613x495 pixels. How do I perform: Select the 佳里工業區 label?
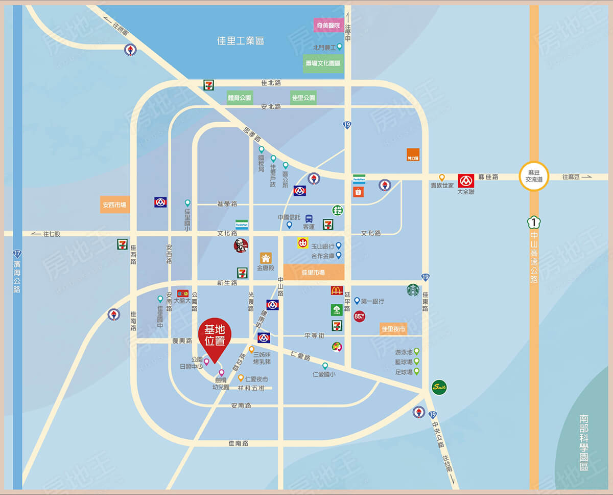(x=241, y=41)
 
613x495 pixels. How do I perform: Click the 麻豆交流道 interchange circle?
(x=533, y=176)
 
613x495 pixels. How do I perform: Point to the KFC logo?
(x=241, y=245)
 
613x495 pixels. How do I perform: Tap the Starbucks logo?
(x=413, y=290)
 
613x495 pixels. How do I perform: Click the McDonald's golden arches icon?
(x=337, y=290)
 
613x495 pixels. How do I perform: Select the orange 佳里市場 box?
(x=313, y=273)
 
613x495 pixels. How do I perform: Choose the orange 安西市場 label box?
(x=114, y=205)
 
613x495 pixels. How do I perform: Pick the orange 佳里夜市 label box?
(x=393, y=329)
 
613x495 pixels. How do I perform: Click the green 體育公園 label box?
(x=240, y=98)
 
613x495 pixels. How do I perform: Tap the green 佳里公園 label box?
(x=303, y=98)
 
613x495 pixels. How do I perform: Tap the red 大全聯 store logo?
(x=466, y=181)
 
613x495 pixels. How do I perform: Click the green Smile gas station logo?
(x=439, y=387)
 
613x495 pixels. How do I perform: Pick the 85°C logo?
(x=360, y=316)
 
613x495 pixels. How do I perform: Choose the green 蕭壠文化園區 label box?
(x=323, y=63)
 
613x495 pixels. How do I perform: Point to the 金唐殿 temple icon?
(x=266, y=258)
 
